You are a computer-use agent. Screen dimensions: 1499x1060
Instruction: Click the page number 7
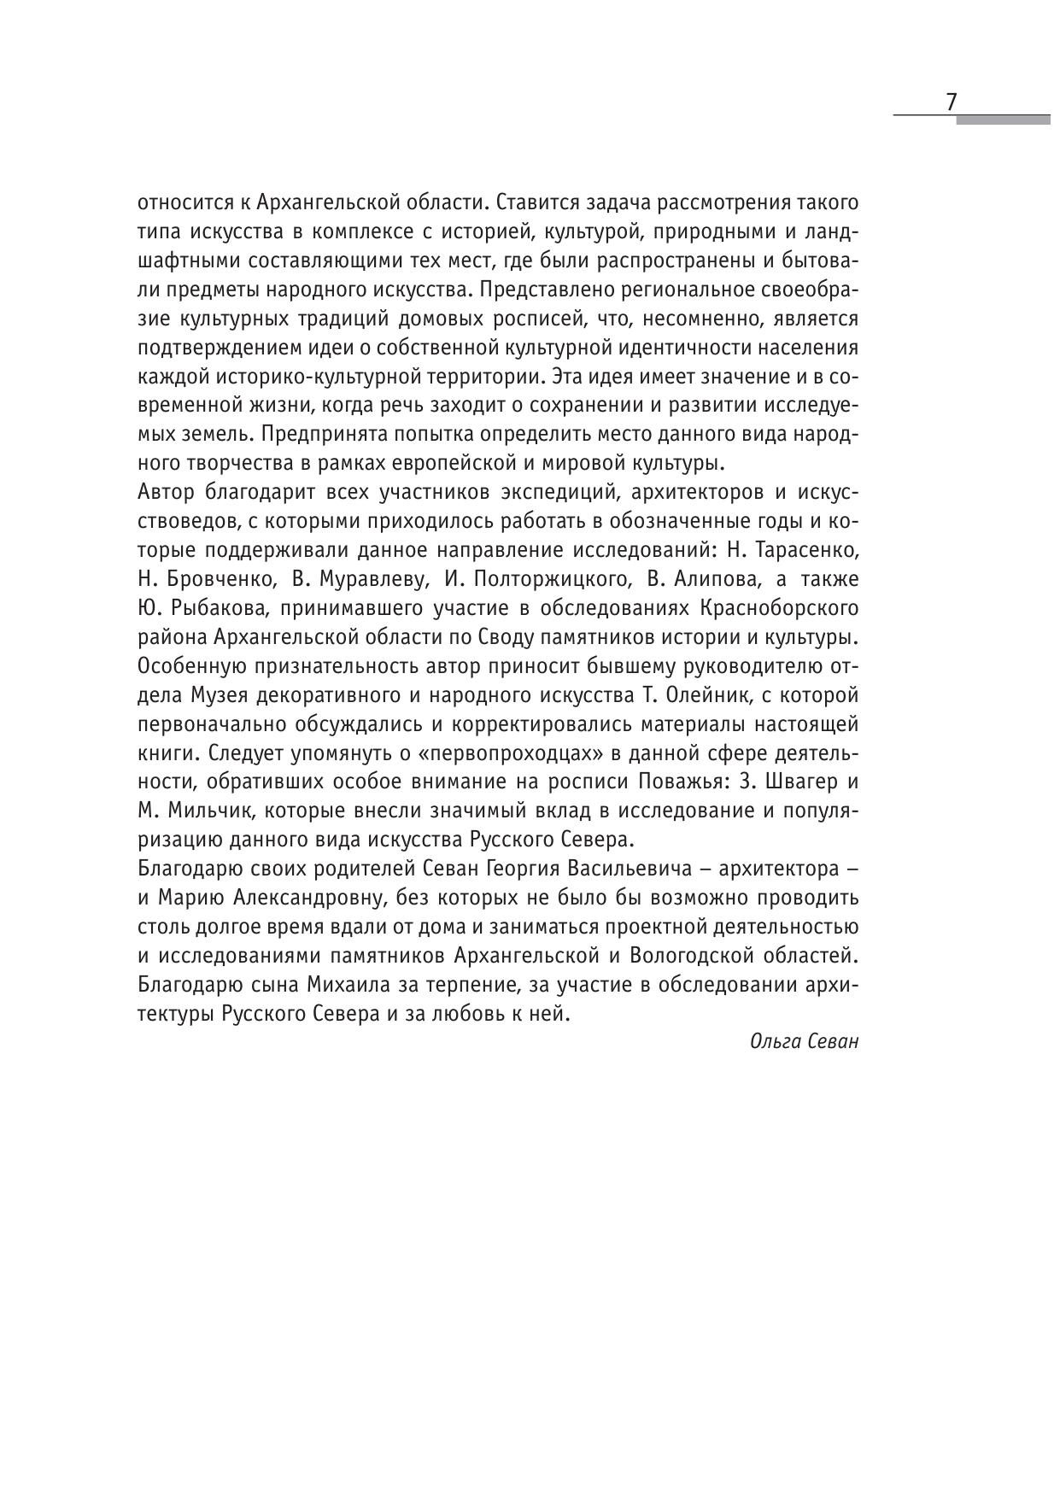(951, 102)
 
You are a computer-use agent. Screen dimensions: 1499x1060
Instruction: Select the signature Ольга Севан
(804, 1041)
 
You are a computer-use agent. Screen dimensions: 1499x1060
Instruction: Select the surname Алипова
(716, 579)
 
